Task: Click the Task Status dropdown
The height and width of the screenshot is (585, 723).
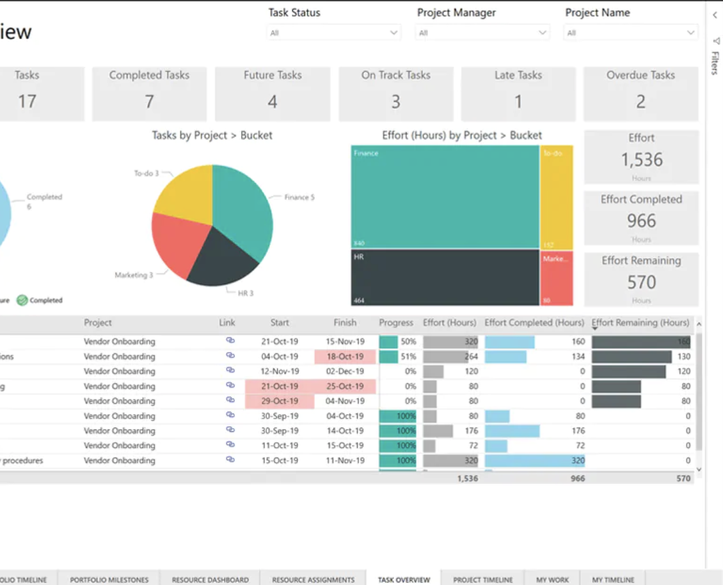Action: [x=333, y=33]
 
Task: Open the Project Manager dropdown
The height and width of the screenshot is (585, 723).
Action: [x=482, y=33]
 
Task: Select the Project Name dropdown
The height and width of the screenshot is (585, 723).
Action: [x=630, y=33]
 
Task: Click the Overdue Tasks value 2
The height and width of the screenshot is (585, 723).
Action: [x=640, y=102]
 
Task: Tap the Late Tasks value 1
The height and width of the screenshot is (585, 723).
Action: [x=518, y=102]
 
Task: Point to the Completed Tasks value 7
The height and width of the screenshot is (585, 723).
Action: [x=149, y=102]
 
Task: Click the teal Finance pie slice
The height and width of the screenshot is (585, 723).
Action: [x=243, y=205]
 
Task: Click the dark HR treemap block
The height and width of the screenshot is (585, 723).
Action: [x=445, y=277]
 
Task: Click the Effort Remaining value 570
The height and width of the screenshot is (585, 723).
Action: [x=641, y=282]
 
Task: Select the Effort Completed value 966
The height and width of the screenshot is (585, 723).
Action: [x=641, y=221]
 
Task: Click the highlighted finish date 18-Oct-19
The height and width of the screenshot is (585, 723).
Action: [x=345, y=357]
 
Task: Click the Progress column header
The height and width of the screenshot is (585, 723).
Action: [x=396, y=323]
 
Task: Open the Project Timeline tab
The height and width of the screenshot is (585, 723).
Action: [x=483, y=579]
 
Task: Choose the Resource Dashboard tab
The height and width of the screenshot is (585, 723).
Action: [x=210, y=579]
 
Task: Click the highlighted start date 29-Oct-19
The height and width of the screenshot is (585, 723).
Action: [x=280, y=401]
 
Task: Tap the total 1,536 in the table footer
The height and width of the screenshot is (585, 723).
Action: [x=467, y=478]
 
